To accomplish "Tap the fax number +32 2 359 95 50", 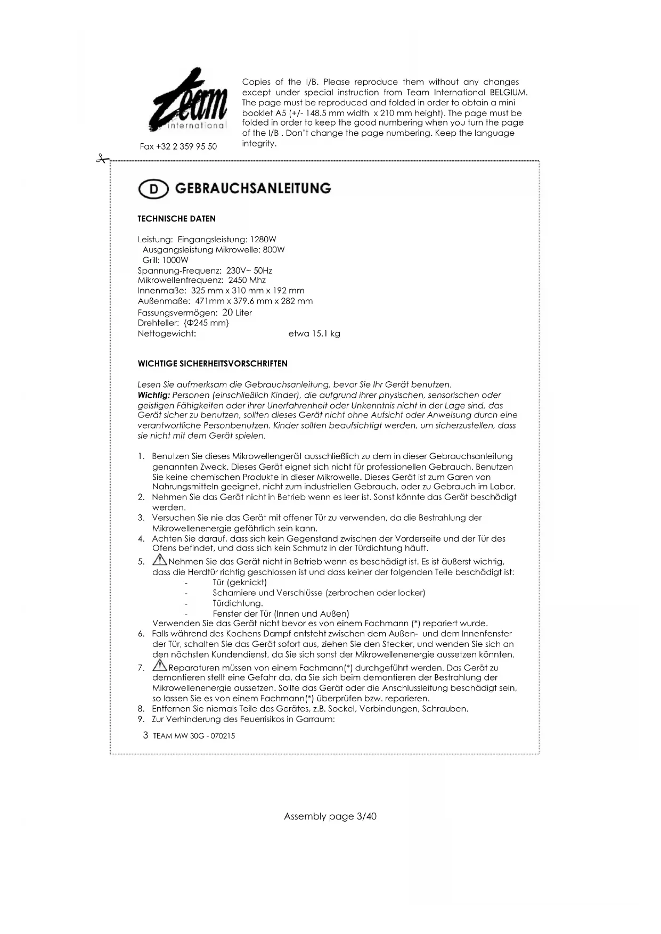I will pos(178,146).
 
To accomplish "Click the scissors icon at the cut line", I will pos(102,159).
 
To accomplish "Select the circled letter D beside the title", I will pos(153,190).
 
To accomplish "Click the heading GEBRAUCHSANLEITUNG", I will pos(252,189).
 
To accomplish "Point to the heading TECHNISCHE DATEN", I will pos(176,219).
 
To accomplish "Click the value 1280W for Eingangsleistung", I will pos(263,240).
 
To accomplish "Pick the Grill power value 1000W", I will pos(175,260).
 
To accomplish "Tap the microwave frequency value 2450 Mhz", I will pos(247,280).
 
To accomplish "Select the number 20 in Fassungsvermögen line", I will pos(227,313).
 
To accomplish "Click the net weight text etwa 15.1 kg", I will pos(314,334).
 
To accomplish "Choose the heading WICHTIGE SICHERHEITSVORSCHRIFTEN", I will pos(212,364).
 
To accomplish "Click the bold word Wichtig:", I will pos(153,395).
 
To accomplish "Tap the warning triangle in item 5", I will pos(160,560).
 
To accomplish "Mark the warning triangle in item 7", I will pos(160,666).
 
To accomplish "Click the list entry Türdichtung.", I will pos(238,603).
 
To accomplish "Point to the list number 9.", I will pos(141,719).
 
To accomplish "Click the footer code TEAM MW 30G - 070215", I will pos(194,736).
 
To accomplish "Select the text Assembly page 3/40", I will pos(330,816).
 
